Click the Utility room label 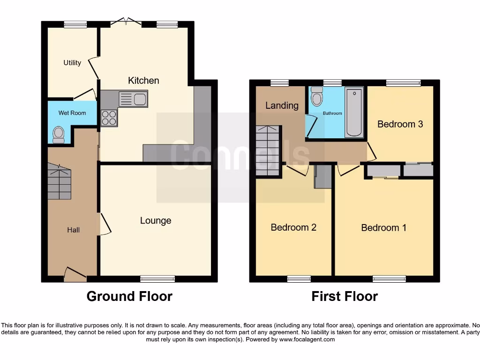pos(72,63)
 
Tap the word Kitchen pos(143,81)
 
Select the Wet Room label pos(72,113)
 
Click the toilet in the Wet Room pos(59,135)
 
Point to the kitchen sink pos(133,99)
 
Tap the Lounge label pos(156,220)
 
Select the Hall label pos(73,230)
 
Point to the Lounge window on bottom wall pos(157,279)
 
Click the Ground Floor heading pos(129,296)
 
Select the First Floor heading pos(345,296)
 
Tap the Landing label pos(282,105)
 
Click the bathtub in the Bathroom pos(354,113)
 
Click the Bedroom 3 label pos(400,124)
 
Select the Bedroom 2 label pos(293,227)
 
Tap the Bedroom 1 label pos(383,228)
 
